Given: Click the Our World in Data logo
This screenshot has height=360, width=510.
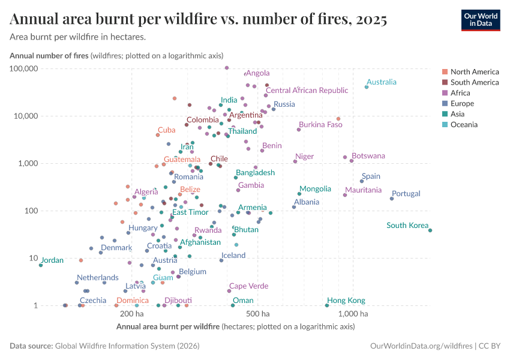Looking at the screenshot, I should (x=480, y=20).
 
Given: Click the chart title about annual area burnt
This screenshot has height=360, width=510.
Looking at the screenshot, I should (x=198, y=20).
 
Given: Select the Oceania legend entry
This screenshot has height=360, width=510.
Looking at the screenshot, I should (x=464, y=125).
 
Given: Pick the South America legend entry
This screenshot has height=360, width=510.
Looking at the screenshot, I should (x=474, y=82).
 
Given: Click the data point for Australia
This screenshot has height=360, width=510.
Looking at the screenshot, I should (x=367, y=87).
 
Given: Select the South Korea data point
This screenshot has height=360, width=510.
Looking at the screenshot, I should (x=430, y=230).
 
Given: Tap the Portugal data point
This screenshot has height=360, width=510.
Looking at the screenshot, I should (x=392, y=199).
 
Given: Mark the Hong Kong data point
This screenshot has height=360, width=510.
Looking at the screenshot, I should (x=327, y=305).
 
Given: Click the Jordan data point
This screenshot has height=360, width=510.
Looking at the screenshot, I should (x=41, y=265).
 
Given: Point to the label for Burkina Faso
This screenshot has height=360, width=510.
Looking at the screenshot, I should (x=320, y=125).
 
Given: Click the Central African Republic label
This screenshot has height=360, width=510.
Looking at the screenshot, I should (x=307, y=91).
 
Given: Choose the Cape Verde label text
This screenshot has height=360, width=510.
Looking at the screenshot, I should (x=248, y=286).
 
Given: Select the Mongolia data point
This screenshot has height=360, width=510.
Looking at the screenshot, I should (x=299, y=194).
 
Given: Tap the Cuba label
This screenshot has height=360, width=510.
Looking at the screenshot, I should (x=166, y=130).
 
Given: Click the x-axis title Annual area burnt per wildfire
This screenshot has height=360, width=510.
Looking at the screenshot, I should (x=168, y=327).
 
